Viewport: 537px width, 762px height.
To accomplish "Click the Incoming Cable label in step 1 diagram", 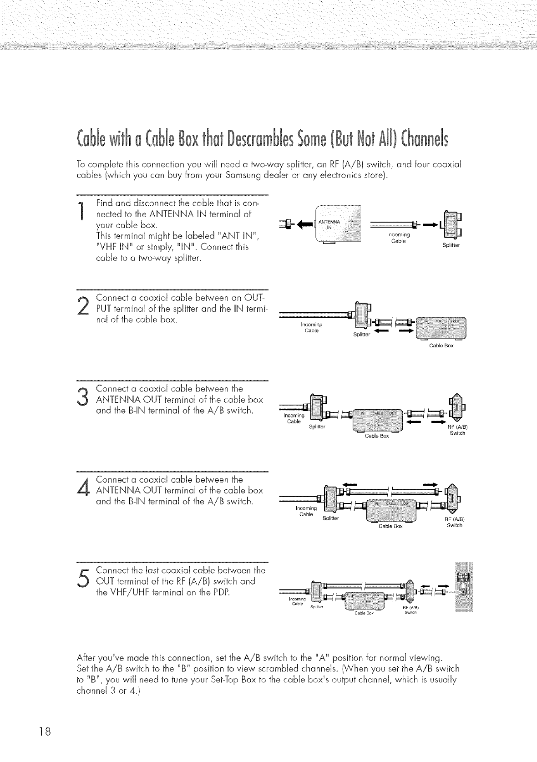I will (398, 237).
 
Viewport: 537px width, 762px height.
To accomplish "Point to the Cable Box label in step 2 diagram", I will (441, 345).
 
